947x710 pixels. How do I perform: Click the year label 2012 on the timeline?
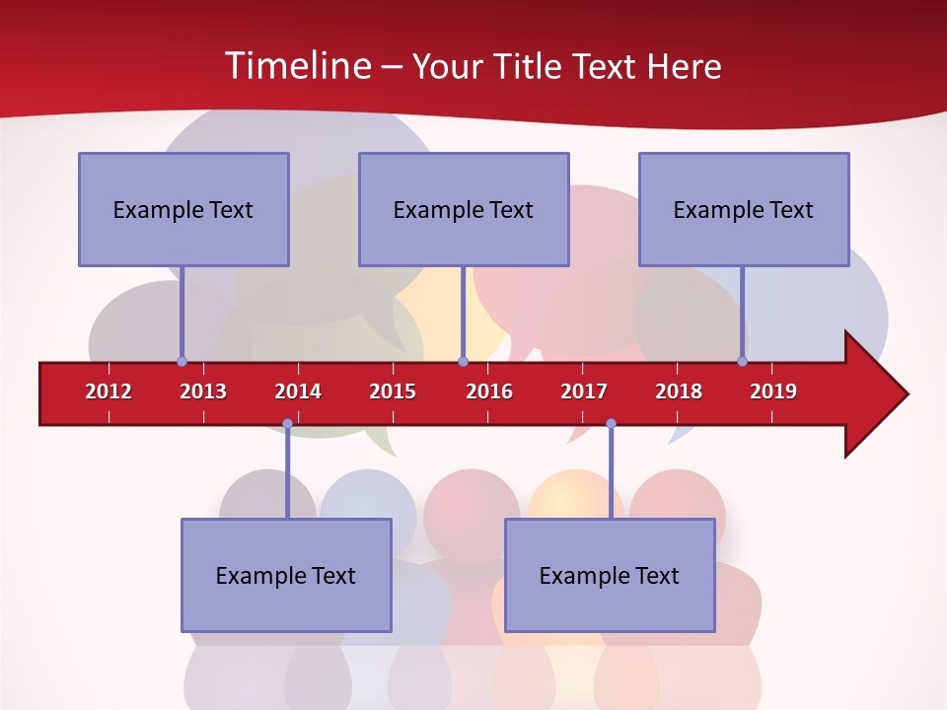109,391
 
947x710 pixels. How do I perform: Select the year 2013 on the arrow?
203,391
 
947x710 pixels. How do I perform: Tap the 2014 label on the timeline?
298,391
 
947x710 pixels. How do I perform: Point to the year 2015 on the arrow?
393,391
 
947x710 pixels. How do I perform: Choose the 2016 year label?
489,391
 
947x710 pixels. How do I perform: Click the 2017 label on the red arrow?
584,391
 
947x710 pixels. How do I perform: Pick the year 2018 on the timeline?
679,391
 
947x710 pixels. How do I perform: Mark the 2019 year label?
773,391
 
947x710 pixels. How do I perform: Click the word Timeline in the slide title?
297,66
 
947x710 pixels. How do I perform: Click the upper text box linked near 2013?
183,209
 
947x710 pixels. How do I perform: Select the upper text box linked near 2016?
464,209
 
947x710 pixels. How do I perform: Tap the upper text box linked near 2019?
744,209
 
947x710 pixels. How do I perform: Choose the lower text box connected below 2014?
286,575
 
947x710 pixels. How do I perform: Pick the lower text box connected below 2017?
610,575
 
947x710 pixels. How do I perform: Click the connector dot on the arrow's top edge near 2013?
182,362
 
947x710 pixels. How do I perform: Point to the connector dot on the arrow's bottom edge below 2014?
287,424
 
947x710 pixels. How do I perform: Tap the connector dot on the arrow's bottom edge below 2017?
611,424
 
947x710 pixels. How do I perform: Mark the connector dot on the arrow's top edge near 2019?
743,362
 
